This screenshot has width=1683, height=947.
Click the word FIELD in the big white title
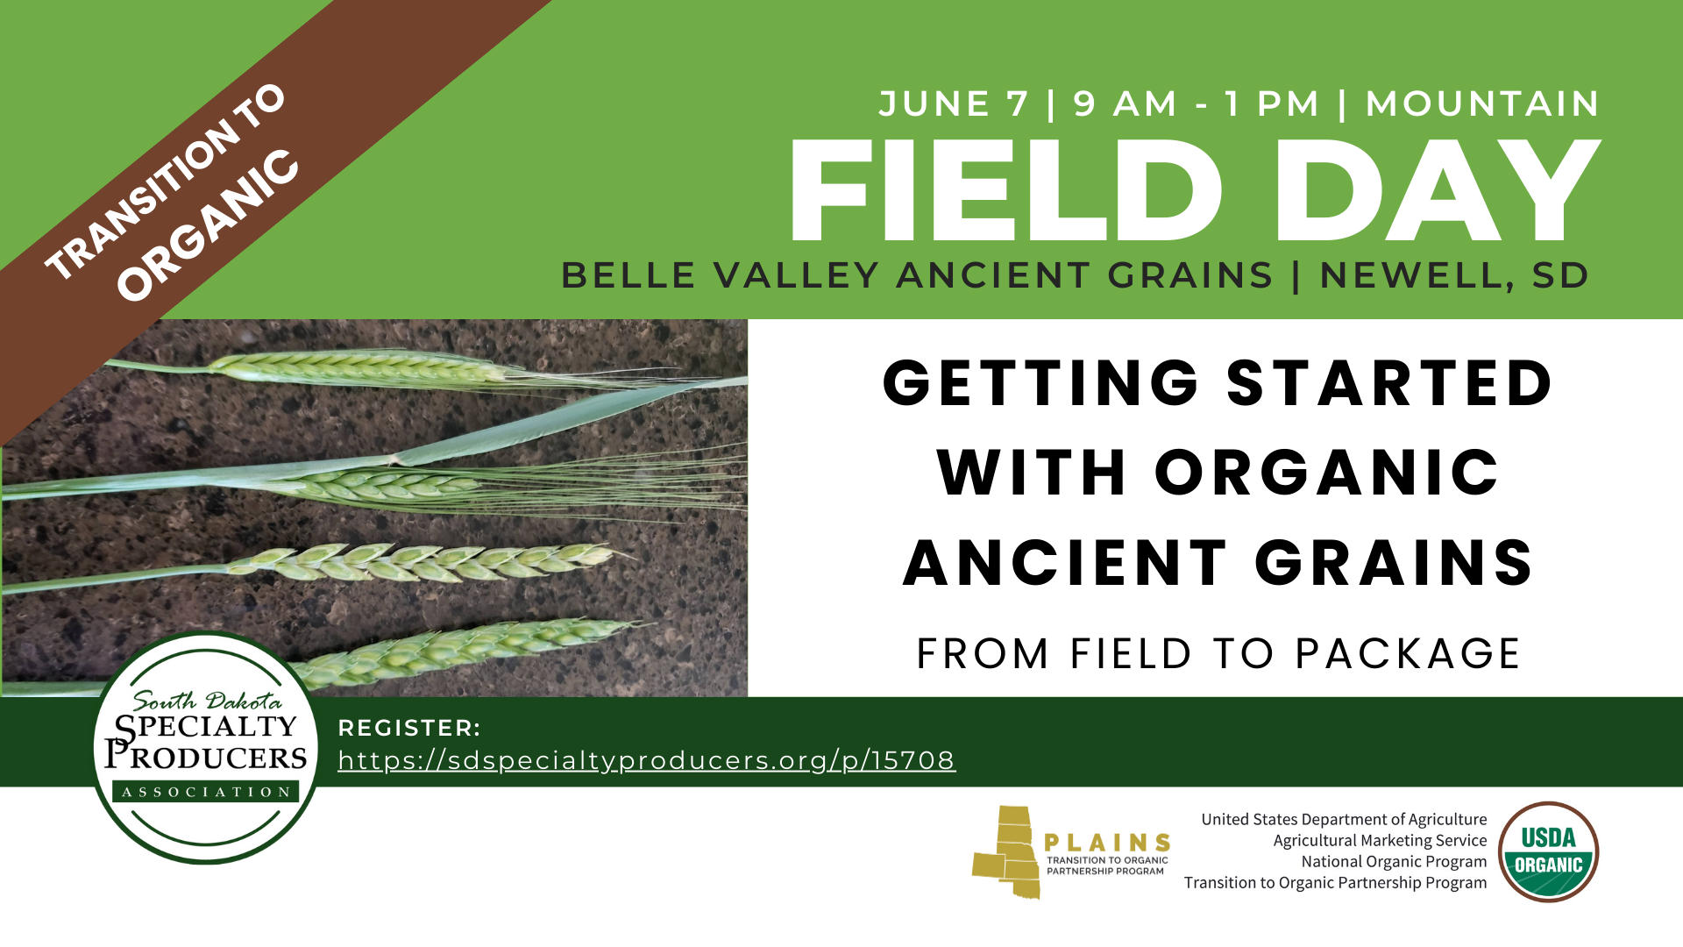click(1006, 190)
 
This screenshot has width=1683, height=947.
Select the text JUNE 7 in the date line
click(954, 103)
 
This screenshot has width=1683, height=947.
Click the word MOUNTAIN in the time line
click(1483, 103)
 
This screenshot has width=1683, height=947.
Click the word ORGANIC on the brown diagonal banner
click(209, 225)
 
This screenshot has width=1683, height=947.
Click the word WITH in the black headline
click(1031, 473)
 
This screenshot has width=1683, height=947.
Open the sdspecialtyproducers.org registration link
click(647, 760)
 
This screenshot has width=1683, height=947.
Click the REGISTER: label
click(409, 728)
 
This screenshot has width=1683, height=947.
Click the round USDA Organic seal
click(1549, 851)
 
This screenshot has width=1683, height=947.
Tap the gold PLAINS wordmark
click(1107, 843)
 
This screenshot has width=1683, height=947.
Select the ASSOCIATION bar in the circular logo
click(206, 792)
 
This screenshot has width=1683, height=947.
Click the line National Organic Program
click(1394, 861)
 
